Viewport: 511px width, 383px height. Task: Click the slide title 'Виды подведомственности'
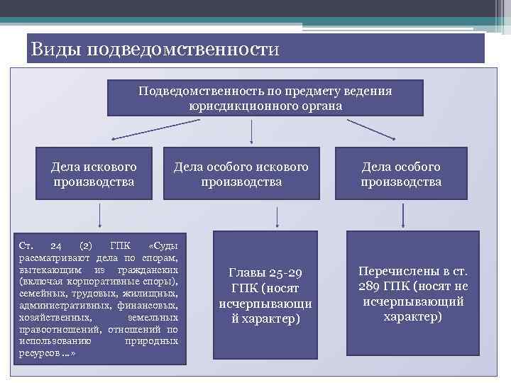coord(156,50)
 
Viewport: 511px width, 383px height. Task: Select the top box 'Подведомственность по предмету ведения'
coord(265,98)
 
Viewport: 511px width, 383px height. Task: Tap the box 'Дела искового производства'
coord(94,174)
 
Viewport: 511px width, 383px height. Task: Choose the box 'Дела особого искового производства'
coord(241,174)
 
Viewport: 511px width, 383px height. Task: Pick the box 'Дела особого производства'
coord(401,174)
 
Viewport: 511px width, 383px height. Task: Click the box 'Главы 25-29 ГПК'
coord(265,295)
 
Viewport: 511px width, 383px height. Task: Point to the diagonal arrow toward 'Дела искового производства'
coord(139,130)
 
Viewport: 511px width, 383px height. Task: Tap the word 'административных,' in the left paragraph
coord(53,306)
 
